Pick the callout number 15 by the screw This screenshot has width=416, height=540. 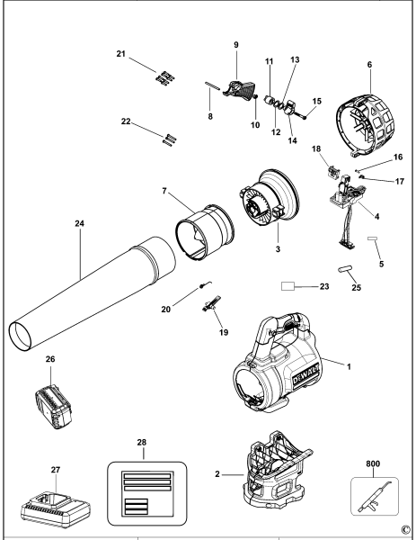pyautogui.click(x=315, y=102)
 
